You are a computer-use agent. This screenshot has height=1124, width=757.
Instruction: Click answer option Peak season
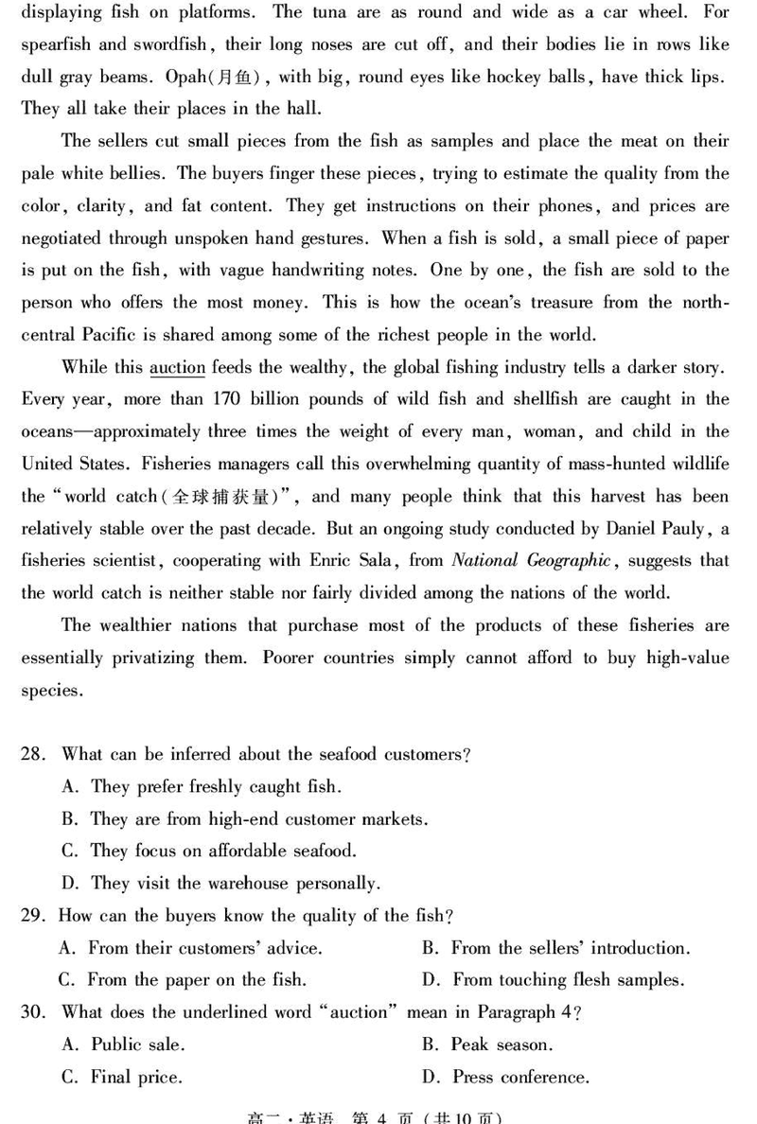pos(502,1045)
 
